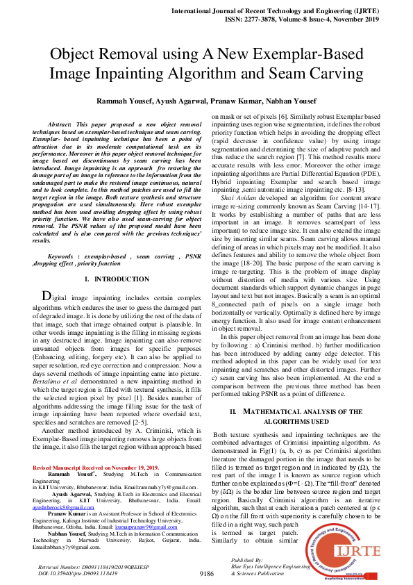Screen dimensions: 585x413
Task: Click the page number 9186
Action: (x=207, y=574)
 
